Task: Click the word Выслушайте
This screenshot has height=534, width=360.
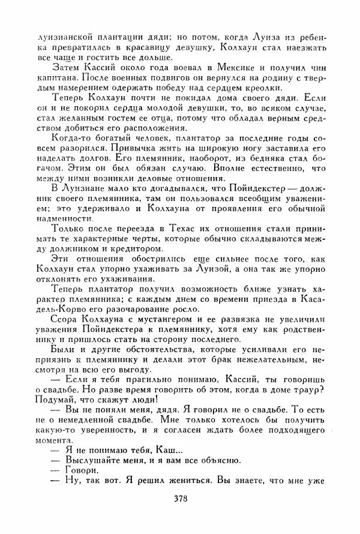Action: click(x=82, y=461)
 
